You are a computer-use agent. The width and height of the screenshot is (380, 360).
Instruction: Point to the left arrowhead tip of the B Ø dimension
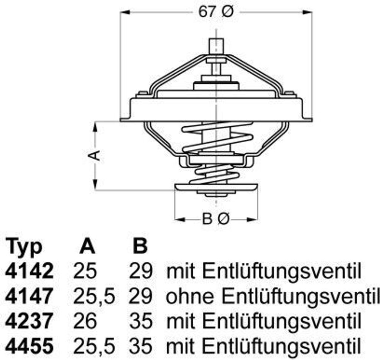tap(175, 220)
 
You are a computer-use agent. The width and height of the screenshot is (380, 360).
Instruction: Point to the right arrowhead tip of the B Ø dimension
tap(258, 220)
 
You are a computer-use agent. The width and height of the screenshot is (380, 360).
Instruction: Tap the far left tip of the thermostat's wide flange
tap(121, 120)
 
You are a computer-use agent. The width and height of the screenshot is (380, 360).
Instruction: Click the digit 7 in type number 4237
tap(46, 321)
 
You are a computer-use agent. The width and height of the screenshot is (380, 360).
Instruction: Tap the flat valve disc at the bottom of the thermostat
tap(216, 187)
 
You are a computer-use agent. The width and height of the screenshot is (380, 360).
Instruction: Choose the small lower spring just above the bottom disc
tap(215, 174)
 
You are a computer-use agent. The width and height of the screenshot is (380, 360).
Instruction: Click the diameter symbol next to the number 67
tap(227, 12)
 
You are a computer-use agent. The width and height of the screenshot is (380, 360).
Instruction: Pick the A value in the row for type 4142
tap(85, 270)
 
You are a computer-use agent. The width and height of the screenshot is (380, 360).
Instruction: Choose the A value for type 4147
tap(94, 296)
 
